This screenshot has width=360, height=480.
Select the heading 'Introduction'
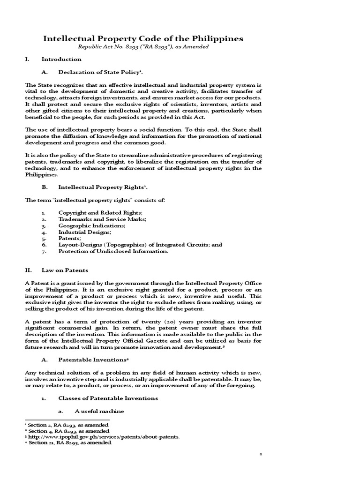coord(61,60)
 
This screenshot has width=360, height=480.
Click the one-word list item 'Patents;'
coord(69,238)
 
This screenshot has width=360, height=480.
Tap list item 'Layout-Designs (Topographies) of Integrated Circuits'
coord(140,245)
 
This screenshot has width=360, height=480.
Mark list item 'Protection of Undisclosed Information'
coord(113,251)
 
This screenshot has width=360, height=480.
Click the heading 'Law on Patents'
coord(65,270)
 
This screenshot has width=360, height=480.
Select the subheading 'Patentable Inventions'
coord(92,360)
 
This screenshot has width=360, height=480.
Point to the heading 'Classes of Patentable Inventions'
coord(108,398)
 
